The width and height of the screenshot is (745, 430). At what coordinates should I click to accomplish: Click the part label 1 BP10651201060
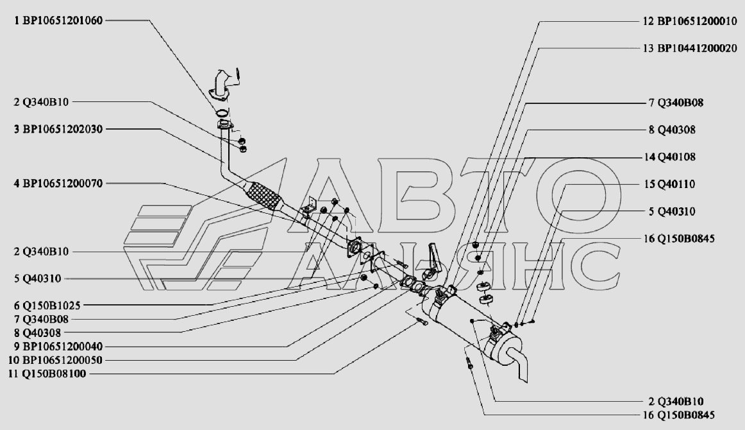[x=58, y=21]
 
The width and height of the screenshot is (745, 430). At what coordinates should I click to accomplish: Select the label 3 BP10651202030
[x=58, y=129]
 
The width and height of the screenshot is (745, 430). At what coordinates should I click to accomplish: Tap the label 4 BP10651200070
[x=58, y=184]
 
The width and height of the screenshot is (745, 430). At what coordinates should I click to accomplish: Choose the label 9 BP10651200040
[x=58, y=346]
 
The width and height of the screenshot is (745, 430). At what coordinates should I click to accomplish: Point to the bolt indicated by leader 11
[x=423, y=322]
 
